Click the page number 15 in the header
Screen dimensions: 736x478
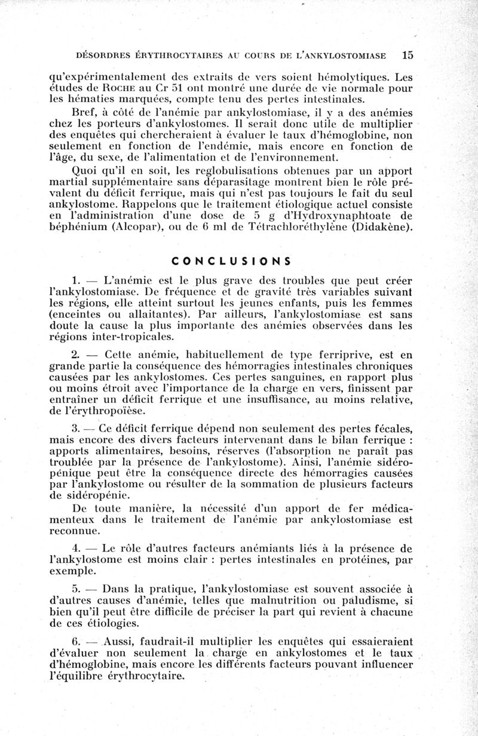pos(408,55)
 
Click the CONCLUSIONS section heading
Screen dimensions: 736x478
pos(231,261)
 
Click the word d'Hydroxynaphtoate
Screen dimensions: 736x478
pos(330,215)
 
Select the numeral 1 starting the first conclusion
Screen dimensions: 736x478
pos(75,280)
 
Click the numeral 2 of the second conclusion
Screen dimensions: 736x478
pos(75,355)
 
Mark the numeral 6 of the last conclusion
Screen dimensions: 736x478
pos(75,641)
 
